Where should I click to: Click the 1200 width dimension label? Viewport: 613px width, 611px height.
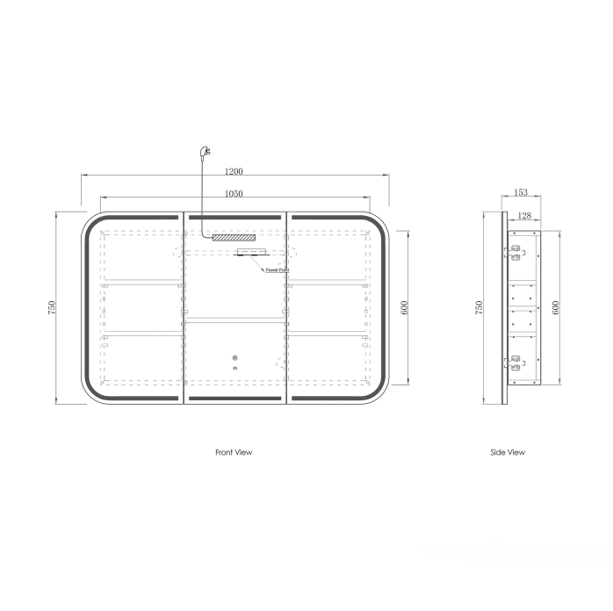234,171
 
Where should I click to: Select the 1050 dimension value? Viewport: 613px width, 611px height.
234,193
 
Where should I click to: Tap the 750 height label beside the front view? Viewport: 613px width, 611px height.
52,307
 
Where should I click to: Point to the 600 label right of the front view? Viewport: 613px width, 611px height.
404,307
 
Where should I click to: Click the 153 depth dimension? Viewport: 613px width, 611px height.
521,192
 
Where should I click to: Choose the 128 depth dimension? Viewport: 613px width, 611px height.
524,215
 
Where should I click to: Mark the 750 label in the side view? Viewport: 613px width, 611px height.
479,307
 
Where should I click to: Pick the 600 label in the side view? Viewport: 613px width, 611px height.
556,307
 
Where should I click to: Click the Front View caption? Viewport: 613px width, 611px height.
234,452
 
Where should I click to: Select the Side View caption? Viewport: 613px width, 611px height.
508,452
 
